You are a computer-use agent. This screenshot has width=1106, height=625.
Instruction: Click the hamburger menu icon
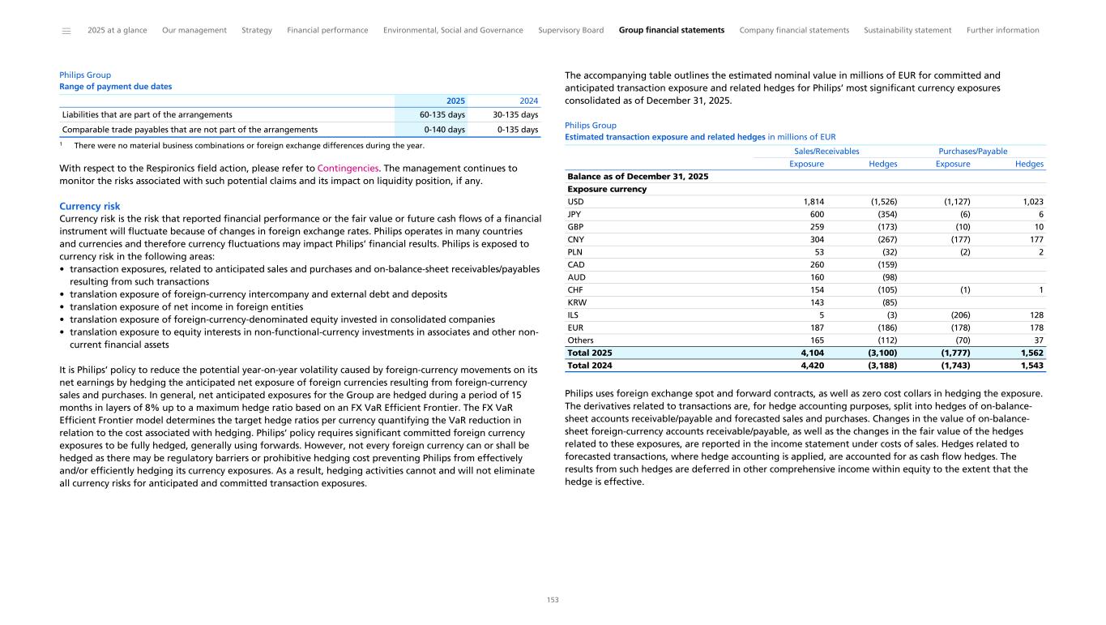coord(66,31)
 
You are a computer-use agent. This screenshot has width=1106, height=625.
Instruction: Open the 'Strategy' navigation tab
coord(257,30)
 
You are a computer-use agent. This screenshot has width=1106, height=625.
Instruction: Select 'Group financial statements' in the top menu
coord(671,30)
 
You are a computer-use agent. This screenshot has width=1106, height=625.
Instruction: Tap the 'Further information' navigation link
coord(1002,30)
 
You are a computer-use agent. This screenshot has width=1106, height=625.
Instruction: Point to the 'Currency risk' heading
coord(90,207)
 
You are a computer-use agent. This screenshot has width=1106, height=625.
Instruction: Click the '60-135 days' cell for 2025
coord(442,115)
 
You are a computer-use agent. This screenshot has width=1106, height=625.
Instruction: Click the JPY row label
coord(574,215)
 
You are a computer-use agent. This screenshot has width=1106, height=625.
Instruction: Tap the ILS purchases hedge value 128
coord(1036,315)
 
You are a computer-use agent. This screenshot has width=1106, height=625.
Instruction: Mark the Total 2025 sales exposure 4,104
coord(809,353)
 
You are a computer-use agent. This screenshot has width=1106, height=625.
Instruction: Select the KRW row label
coord(577,302)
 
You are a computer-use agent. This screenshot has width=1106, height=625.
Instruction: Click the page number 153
coord(553,600)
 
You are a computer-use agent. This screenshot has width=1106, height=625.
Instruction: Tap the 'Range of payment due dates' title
coord(115,87)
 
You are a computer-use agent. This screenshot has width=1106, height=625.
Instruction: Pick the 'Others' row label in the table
coord(579,340)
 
